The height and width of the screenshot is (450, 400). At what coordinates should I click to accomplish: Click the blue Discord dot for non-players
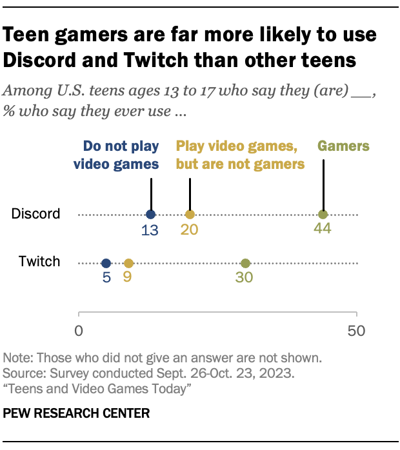[x=150, y=215]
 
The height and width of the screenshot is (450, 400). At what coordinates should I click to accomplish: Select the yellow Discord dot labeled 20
[x=190, y=215]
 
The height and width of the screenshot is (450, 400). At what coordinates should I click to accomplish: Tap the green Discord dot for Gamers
[x=323, y=215]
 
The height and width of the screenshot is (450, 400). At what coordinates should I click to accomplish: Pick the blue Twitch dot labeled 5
[x=106, y=263]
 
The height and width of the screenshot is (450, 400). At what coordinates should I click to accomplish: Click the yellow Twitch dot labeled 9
[x=128, y=263]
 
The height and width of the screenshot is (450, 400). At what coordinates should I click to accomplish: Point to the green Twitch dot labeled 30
[x=245, y=263]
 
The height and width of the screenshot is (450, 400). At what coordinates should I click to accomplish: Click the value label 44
[x=323, y=230]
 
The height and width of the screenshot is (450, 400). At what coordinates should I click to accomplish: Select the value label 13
[x=150, y=230]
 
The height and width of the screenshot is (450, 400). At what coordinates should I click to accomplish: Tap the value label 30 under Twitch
[x=245, y=279]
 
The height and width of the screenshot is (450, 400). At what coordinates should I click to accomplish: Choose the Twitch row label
[x=39, y=262]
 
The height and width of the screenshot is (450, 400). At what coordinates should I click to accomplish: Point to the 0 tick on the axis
[x=79, y=331]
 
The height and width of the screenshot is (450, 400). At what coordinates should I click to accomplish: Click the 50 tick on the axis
[x=357, y=331]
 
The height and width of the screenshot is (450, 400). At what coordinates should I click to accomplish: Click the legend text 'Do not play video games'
[x=115, y=155]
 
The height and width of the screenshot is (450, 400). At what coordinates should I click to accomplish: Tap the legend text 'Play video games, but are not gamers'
[x=240, y=155]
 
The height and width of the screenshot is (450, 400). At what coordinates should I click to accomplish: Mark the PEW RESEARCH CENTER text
[x=77, y=413]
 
